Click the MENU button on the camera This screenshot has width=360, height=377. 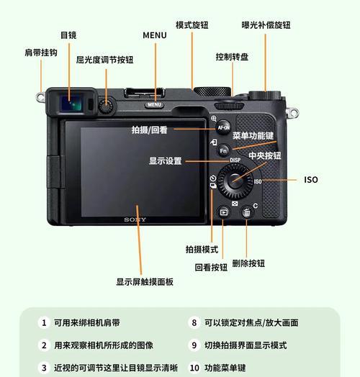[154, 105]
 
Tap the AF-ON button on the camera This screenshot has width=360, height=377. [223, 127]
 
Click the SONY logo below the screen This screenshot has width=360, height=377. [135, 219]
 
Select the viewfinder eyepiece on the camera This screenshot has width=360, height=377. [70, 104]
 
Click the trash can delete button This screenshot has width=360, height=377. [246, 212]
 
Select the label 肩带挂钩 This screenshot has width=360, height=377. [40, 53]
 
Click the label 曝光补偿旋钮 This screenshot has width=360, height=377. [266, 25]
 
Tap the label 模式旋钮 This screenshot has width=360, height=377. [192, 25]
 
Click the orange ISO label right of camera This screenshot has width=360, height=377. [310, 180]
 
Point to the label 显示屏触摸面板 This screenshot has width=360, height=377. [145, 282]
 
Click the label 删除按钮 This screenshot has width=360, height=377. [248, 264]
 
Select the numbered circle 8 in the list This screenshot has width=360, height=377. [194, 323]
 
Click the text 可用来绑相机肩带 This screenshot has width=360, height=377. [87, 323]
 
